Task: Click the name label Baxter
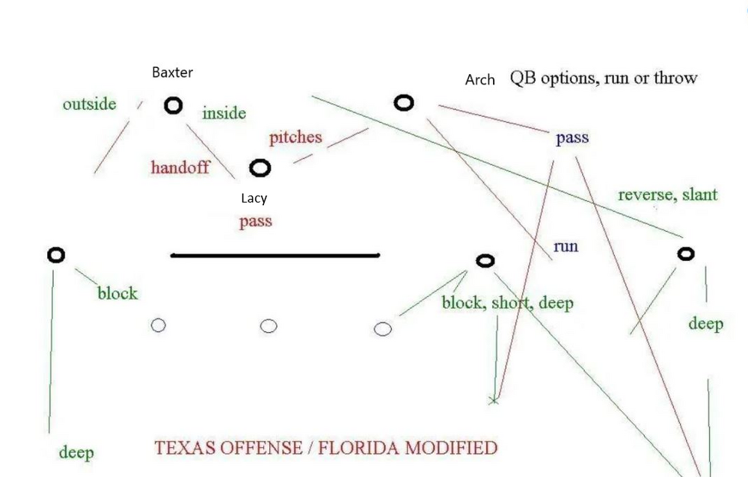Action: [172, 73]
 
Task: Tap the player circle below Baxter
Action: [174, 106]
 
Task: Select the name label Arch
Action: [480, 79]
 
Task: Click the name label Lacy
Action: [254, 198]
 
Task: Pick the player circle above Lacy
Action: [260, 169]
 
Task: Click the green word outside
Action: [89, 104]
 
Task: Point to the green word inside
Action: [224, 114]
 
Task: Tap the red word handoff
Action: [180, 167]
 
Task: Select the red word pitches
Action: [295, 138]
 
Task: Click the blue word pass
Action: [572, 138]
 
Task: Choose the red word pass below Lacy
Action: [256, 221]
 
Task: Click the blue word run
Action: [565, 246]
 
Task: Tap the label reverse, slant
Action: [667, 195]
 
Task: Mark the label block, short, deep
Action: [507, 303]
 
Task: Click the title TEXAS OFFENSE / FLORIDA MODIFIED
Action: [325, 448]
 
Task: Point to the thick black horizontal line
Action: [275, 256]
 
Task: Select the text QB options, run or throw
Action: [603, 78]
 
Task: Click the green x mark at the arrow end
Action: [493, 401]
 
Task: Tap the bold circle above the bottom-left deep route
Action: [56, 255]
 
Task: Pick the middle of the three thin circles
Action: [269, 326]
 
